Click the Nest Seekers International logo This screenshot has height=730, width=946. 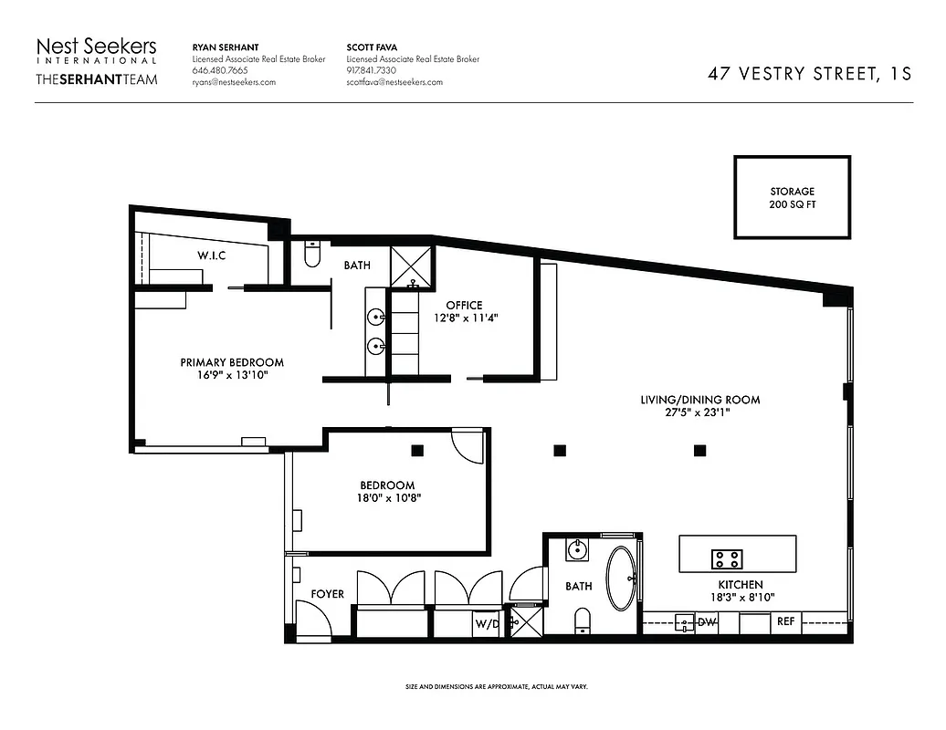[x=96, y=61]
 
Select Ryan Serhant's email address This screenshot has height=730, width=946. [x=234, y=82]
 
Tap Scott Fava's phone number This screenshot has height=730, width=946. [x=372, y=70]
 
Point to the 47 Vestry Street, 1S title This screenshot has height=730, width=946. [x=809, y=74]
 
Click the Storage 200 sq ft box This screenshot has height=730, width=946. [x=792, y=198]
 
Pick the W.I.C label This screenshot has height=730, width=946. [x=211, y=255]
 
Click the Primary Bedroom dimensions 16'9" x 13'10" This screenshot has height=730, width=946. [x=231, y=375]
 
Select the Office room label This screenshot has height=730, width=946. [x=464, y=305]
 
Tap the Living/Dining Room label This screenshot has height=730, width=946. [x=699, y=400]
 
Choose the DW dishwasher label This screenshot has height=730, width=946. [x=707, y=623]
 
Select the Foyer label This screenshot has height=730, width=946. [x=328, y=594]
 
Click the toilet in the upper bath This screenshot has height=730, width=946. [x=311, y=255]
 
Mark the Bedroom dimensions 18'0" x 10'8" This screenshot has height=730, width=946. [x=388, y=498]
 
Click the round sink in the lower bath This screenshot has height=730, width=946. [x=575, y=550]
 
